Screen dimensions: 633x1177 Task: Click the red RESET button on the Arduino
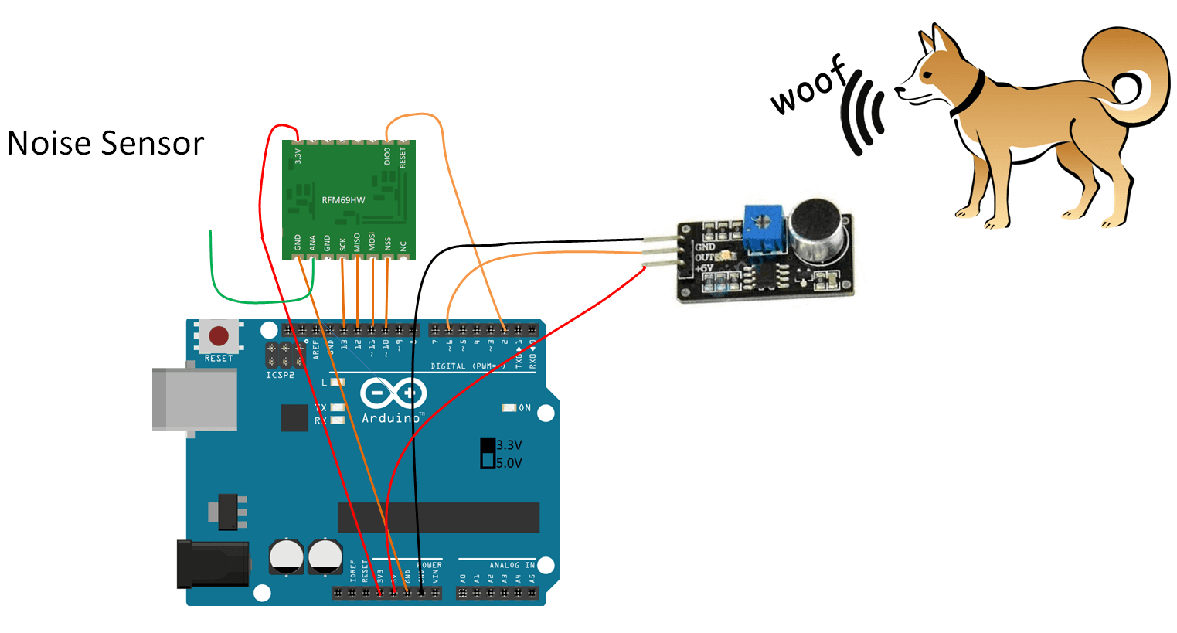coord(219,336)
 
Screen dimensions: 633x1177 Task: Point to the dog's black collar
coord(969,94)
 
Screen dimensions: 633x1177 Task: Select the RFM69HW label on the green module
coord(343,200)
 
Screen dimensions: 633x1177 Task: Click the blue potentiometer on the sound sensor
coord(764,229)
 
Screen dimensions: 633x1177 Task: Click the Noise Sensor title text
coord(105,144)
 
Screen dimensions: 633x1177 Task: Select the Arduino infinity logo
coord(393,393)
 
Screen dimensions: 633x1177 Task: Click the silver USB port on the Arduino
coord(194,399)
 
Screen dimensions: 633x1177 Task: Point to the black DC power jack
coord(212,564)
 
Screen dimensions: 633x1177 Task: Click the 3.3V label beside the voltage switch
coord(509,445)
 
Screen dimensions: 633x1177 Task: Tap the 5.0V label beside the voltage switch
coord(509,463)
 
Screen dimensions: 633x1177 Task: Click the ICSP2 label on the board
coord(280,376)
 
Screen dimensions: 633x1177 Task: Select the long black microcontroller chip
coord(438,517)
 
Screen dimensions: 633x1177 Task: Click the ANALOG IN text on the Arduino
coord(511,565)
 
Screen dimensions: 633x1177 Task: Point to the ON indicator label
coord(525,407)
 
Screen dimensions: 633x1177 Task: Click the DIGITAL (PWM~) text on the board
coord(468,366)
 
